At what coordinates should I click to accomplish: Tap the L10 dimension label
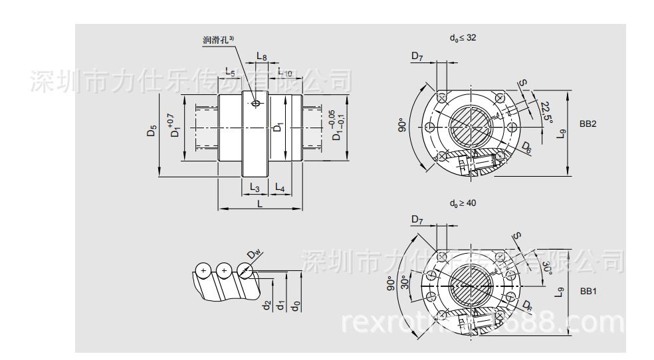coord(285,71)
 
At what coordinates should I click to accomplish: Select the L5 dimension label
coord(229,70)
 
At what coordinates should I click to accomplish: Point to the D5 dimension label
coord(152,131)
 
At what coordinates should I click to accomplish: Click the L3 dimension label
coord(254,189)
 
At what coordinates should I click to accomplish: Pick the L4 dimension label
coord(280,189)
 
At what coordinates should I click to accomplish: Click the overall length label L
coord(260,204)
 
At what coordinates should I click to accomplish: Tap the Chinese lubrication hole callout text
coord(219,40)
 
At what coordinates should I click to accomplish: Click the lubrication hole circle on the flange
coord(256,103)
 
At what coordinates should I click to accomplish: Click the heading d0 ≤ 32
coord(463,38)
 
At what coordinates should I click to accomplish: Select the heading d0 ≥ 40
coord(463,203)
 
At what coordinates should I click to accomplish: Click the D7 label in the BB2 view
coord(417,58)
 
